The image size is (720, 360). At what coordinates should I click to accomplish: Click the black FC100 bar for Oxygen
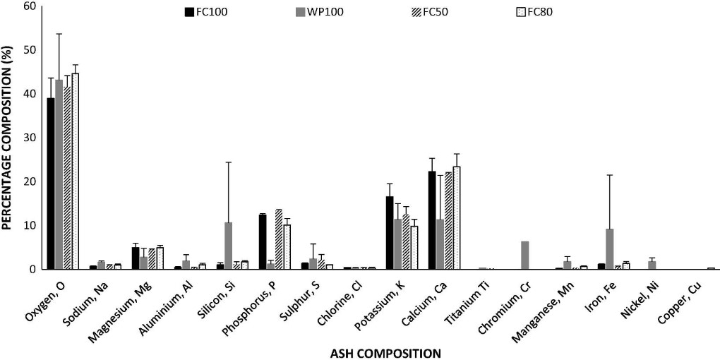point(51,184)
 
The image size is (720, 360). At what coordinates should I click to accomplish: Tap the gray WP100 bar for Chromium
point(524,256)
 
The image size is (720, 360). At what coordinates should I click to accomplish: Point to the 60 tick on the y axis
point(30,6)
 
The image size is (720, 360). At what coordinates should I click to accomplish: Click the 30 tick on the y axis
point(30,138)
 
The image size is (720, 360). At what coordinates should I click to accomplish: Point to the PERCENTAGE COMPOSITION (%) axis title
point(8,137)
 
